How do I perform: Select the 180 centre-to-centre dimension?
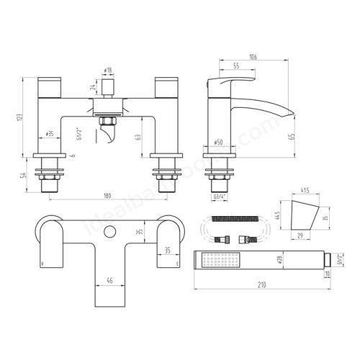pos(107,194)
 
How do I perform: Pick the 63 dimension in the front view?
pos(138,132)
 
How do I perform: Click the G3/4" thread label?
pos(219,196)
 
